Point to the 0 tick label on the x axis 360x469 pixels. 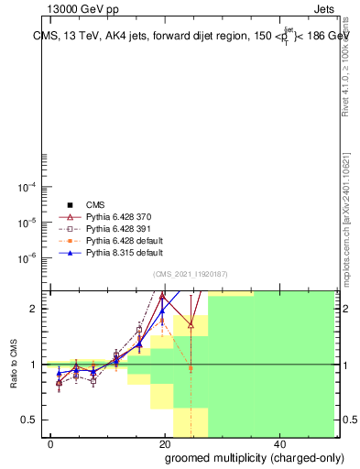(50, 443)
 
